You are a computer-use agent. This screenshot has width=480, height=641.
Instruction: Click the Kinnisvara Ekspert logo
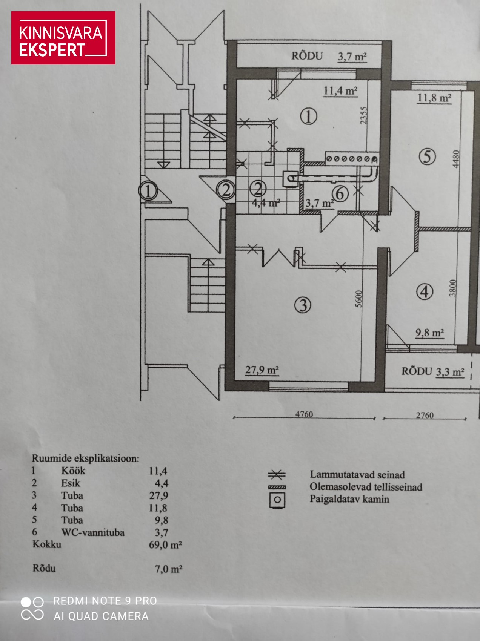(x=63, y=38)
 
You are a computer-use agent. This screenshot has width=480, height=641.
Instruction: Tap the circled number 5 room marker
(x=427, y=156)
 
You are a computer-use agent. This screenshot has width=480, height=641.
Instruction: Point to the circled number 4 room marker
(x=425, y=291)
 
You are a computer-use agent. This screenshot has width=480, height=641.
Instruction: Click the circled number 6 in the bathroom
(x=340, y=194)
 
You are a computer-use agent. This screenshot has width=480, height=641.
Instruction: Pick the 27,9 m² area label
(x=262, y=370)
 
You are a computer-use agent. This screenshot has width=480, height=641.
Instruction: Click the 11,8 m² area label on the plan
(x=434, y=98)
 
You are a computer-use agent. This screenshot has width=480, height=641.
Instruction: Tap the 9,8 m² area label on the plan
(x=429, y=333)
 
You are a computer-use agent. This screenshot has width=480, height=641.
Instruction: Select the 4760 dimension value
(x=304, y=414)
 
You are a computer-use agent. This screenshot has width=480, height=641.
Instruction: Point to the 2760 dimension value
(x=425, y=415)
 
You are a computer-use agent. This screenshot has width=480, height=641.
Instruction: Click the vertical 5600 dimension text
(x=358, y=299)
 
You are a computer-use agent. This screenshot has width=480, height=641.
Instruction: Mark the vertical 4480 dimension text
(x=456, y=159)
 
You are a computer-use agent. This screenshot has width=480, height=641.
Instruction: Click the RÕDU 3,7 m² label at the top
(x=329, y=56)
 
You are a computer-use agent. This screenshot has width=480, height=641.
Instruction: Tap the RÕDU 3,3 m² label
(x=432, y=371)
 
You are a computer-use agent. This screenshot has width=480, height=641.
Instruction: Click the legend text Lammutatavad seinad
(x=357, y=475)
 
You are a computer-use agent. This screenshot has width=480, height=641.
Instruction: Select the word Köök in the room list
(x=73, y=471)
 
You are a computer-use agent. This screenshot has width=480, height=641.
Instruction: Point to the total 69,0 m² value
(x=166, y=545)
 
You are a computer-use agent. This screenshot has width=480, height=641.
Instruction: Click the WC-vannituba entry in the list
(x=93, y=532)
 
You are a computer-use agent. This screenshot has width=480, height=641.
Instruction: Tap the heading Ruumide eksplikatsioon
(x=85, y=459)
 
